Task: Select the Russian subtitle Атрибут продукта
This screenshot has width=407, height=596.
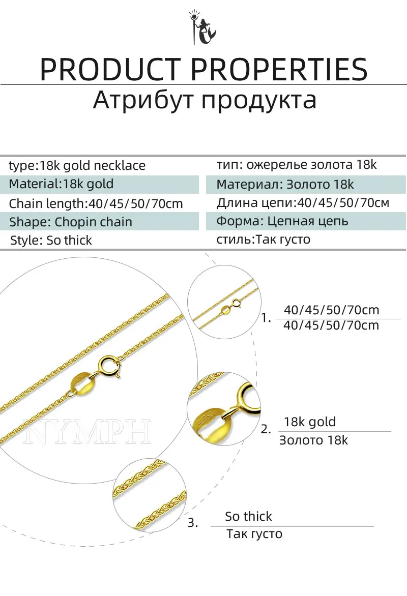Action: (x=205, y=100)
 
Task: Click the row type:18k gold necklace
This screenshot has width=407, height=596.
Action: (x=77, y=166)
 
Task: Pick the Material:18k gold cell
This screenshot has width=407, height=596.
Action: (x=62, y=184)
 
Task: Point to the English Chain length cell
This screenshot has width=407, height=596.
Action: (x=96, y=204)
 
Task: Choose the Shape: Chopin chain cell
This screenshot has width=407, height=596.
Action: (x=71, y=222)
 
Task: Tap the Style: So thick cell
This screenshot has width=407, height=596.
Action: (x=51, y=241)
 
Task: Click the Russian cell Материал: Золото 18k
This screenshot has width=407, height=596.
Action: (x=285, y=184)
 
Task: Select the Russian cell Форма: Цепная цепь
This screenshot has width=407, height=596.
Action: (x=282, y=221)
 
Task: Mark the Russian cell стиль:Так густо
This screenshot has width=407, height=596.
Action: (x=264, y=239)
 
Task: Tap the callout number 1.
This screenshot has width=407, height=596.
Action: (x=266, y=318)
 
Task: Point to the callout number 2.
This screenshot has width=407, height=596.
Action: (x=266, y=429)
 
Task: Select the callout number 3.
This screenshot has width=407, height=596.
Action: (x=193, y=523)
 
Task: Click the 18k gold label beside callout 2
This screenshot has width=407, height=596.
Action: (x=310, y=422)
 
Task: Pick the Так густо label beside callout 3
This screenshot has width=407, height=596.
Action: (x=254, y=534)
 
